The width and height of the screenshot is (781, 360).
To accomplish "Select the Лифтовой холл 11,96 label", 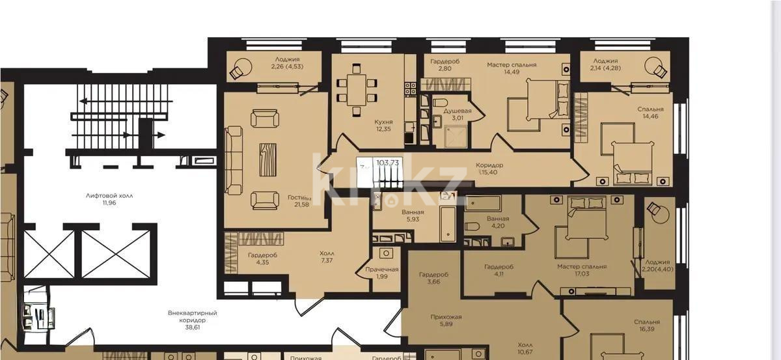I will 104,199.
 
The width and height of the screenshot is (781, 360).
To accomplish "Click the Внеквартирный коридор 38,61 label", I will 192,317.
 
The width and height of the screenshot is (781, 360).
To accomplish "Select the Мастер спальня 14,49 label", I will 512,68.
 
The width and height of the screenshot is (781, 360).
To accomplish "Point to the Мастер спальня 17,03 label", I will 581,270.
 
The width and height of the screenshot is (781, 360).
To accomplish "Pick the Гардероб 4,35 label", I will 262,259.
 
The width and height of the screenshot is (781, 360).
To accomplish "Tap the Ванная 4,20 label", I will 497,223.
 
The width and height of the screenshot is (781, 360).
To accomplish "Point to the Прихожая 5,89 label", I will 446,322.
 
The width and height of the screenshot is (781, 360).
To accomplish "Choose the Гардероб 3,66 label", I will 430,279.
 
